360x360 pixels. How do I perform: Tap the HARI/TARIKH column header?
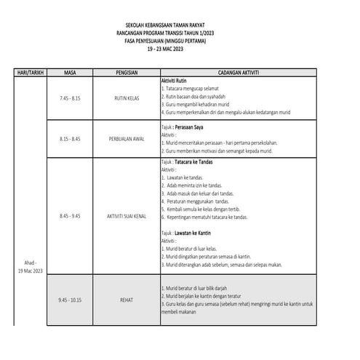pyautogui.click(x=26, y=73)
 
